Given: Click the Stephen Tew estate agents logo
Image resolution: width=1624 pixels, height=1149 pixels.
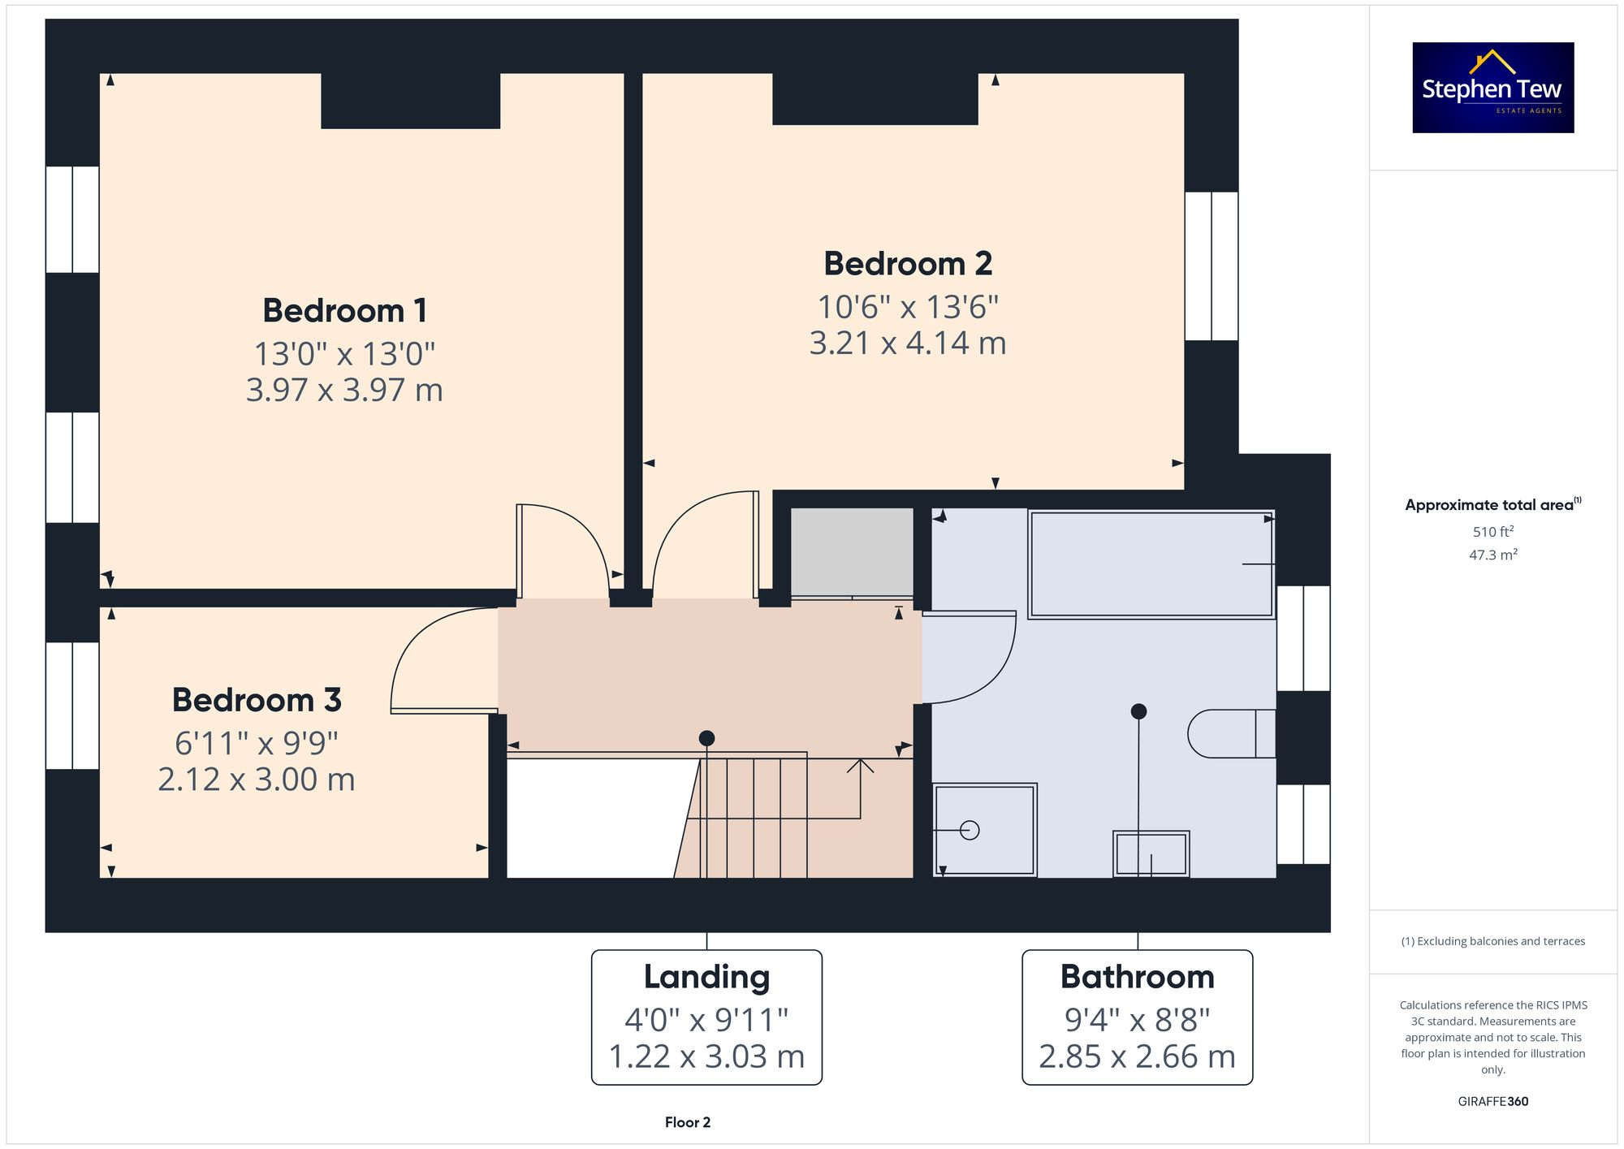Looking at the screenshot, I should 1492,88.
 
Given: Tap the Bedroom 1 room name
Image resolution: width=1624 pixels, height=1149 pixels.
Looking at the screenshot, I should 344,311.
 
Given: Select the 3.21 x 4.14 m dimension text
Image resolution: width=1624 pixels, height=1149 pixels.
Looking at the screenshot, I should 907,343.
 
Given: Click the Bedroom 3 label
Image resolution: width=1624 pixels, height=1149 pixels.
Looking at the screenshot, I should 257,700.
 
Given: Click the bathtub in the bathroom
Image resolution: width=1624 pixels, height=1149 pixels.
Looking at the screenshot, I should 1151,564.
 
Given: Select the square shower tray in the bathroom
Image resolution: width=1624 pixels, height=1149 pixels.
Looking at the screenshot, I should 985,830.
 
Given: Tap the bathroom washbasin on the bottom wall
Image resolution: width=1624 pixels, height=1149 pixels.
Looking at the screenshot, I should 1151,853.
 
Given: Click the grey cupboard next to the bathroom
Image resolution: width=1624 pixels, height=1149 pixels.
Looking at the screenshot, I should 852,552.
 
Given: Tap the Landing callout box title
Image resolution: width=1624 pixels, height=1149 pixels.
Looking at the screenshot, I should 706,977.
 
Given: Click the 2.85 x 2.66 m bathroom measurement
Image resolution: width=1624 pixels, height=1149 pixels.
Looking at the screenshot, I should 1137,1056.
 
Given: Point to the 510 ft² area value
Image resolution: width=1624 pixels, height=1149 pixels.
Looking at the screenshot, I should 1492,532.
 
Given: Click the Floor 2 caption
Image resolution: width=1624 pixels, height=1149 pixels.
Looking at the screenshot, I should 687,1122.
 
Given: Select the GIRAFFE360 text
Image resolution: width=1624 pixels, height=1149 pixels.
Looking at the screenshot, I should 1492,1102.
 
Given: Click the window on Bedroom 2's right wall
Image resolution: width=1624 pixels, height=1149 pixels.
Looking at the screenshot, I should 1212,266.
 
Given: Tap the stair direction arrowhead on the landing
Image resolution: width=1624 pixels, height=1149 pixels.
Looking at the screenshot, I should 860,764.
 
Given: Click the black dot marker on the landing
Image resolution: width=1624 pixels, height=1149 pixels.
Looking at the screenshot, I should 706,738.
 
